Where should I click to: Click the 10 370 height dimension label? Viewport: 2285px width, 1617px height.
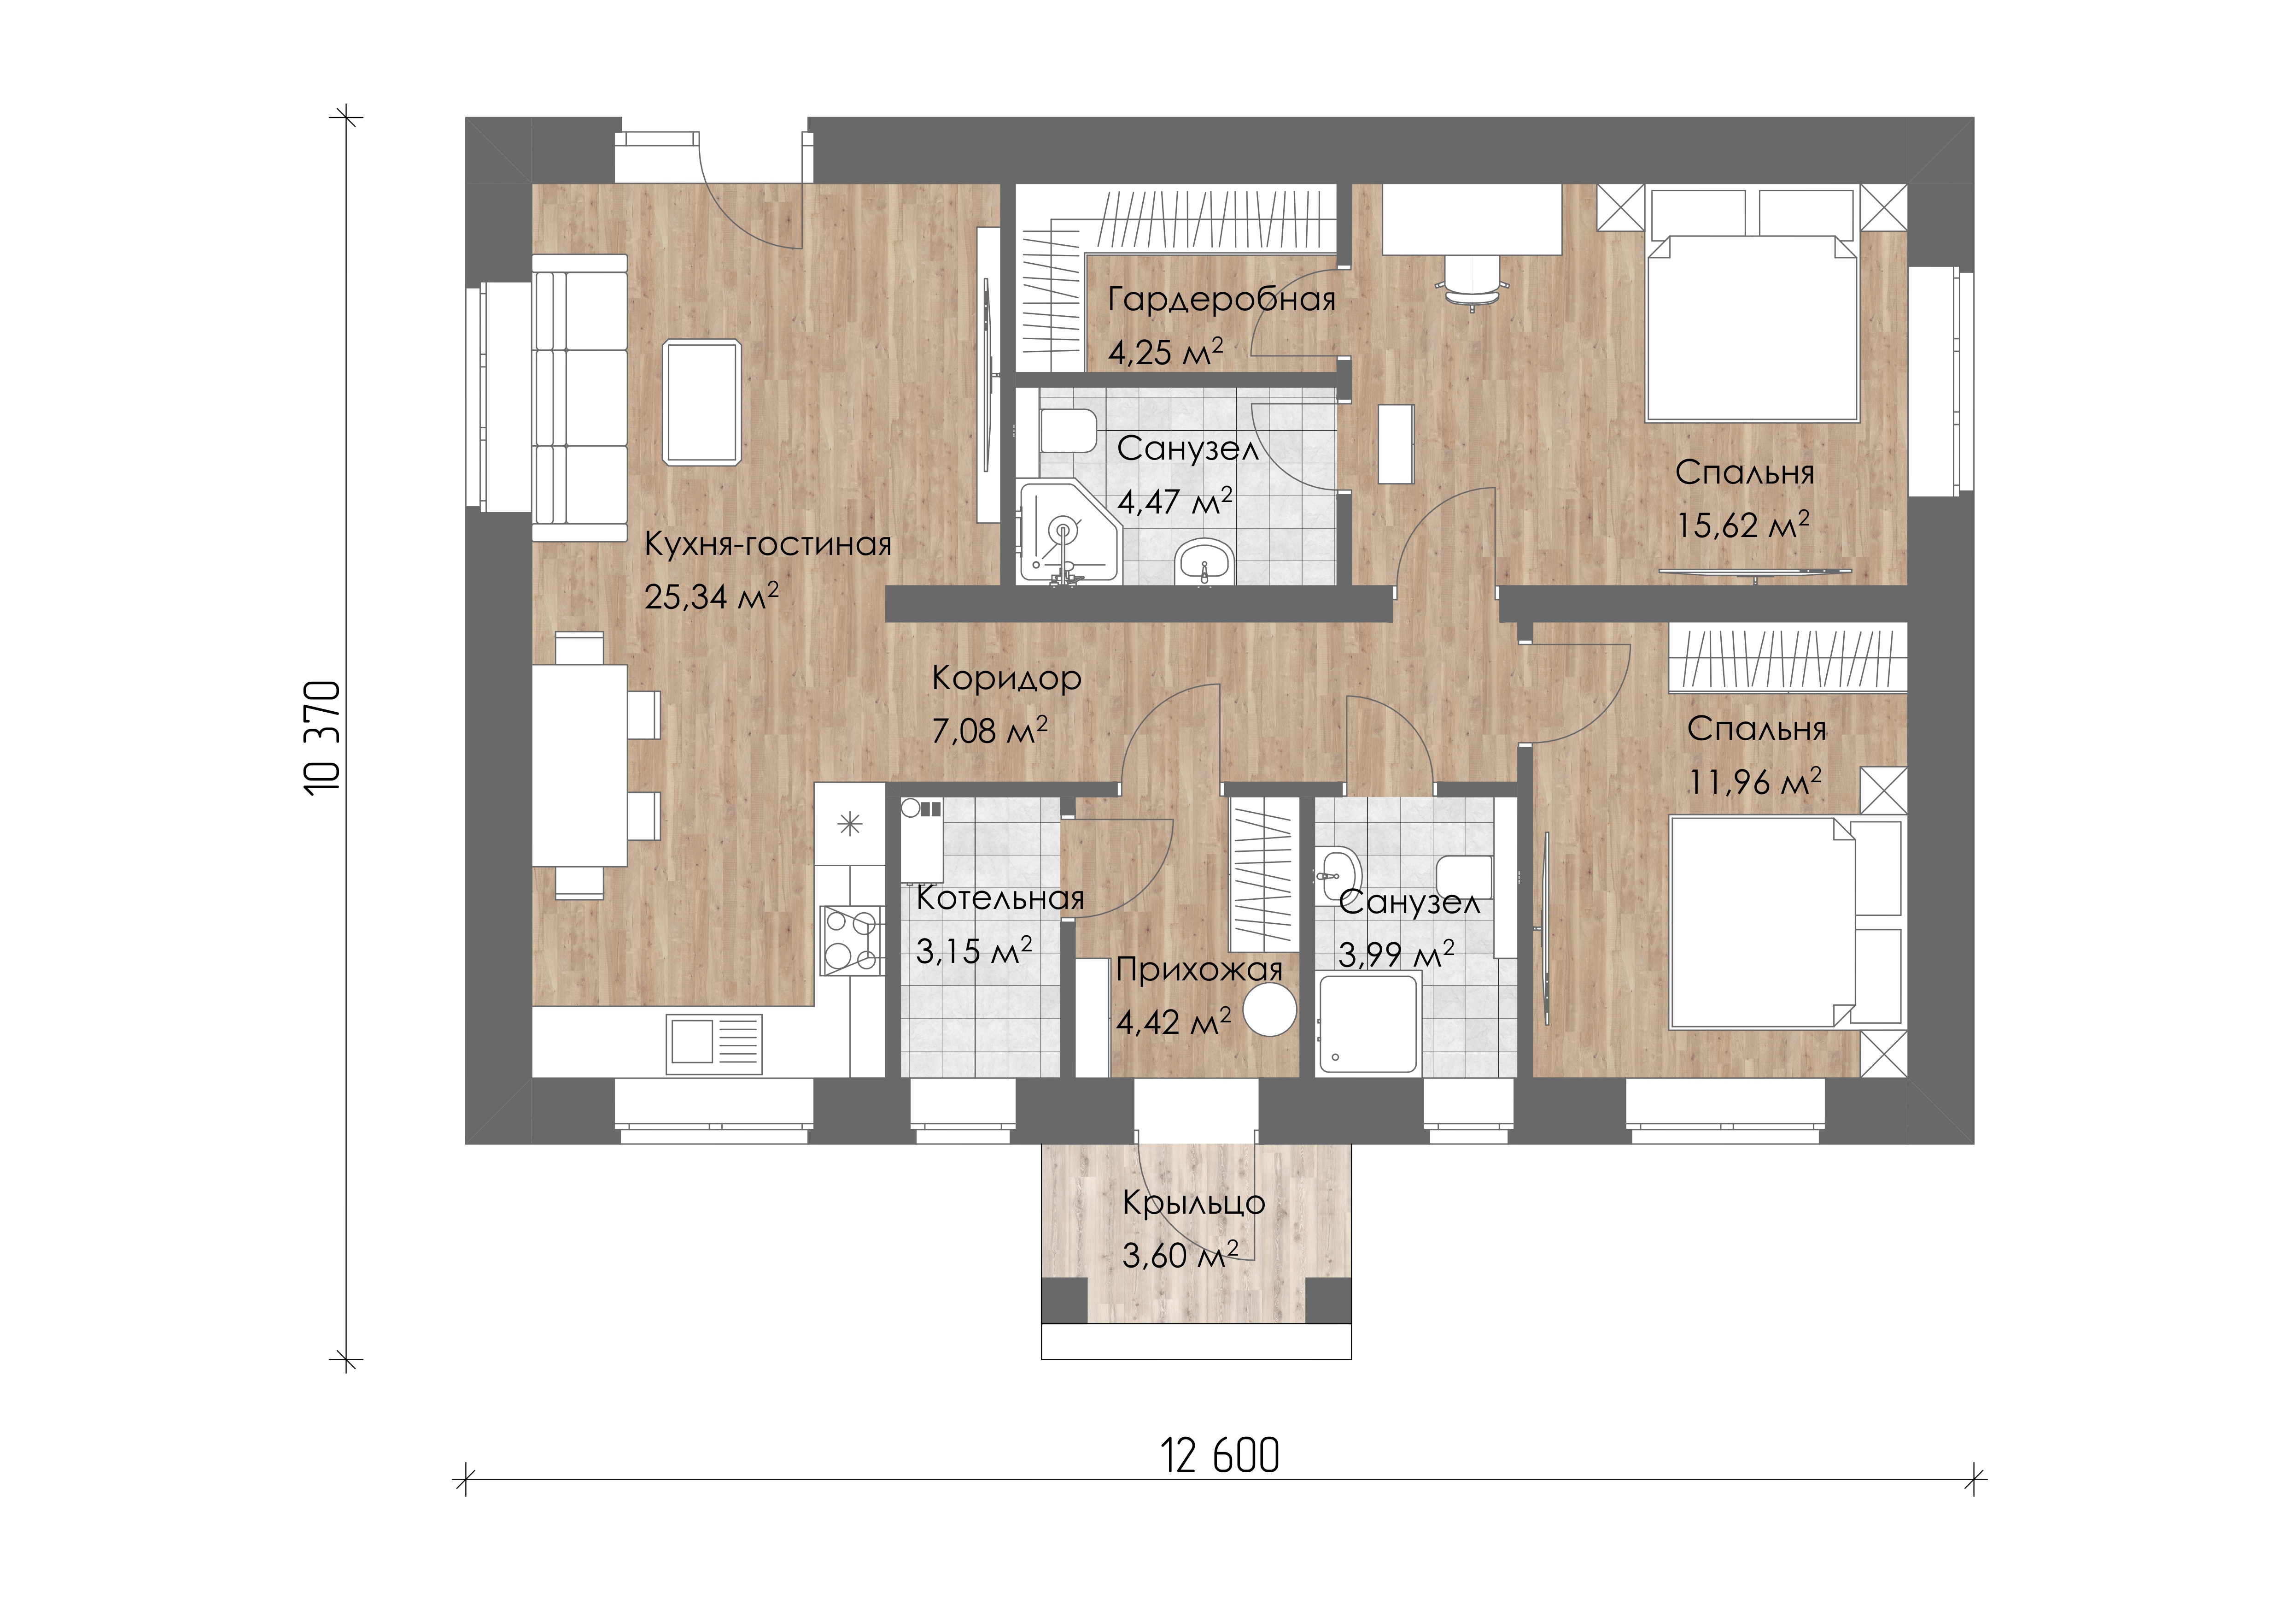tap(323, 737)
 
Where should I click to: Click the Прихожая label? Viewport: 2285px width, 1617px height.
tap(1199, 970)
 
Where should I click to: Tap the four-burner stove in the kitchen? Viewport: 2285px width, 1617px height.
tap(851, 939)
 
